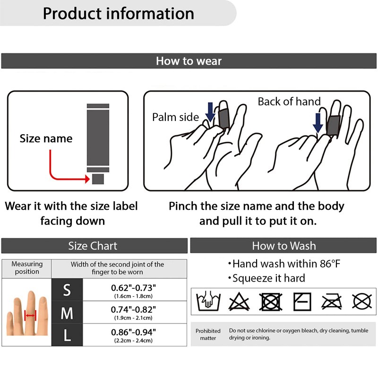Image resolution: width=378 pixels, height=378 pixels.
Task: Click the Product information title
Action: (118, 13)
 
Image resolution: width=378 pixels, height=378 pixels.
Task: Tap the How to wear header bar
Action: (189, 61)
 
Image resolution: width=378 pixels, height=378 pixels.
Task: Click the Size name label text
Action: (46, 138)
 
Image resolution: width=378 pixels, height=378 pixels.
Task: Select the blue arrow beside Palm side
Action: (210, 112)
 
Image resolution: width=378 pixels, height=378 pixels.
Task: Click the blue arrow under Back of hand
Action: (318, 122)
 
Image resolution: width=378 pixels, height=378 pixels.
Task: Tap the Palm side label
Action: (175, 117)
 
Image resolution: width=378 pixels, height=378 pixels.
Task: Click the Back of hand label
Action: (289, 102)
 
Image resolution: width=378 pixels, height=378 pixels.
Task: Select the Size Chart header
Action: (93, 246)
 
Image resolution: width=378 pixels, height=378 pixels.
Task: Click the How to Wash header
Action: (283, 246)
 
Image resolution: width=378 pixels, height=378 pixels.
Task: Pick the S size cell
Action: (67, 291)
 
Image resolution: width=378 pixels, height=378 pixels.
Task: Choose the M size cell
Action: (67, 313)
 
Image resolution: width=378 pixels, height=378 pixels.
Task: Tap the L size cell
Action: (67, 335)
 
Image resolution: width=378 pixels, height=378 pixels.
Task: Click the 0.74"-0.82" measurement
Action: (133, 309)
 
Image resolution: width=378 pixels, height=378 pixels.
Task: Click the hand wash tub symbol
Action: (206, 301)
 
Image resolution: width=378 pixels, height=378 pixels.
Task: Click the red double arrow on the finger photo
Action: (30, 315)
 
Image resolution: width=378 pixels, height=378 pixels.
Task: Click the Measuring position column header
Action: (26, 268)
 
